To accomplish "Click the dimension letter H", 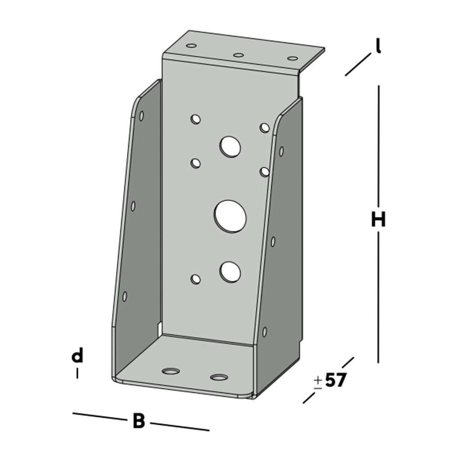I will (378, 220).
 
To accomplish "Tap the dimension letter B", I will (139, 422).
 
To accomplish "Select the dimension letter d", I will (77, 356).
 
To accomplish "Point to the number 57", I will (335, 381).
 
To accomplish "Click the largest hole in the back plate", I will (230, 216).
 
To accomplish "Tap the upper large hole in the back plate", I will (230, 147).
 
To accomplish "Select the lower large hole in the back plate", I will (230, 272).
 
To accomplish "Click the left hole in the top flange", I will (191, 46).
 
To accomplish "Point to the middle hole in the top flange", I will (238, 55).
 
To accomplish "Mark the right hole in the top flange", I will (292, 58).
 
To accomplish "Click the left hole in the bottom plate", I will (171, 371).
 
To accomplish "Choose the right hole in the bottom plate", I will (219, 377).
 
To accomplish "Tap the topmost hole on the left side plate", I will (141, 116).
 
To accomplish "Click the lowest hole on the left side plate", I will (125, 296).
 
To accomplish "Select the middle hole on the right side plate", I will (273, 242).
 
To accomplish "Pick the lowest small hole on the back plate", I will (195, 279).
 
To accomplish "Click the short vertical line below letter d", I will (77, 373).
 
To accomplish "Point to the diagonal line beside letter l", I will (358, 64).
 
